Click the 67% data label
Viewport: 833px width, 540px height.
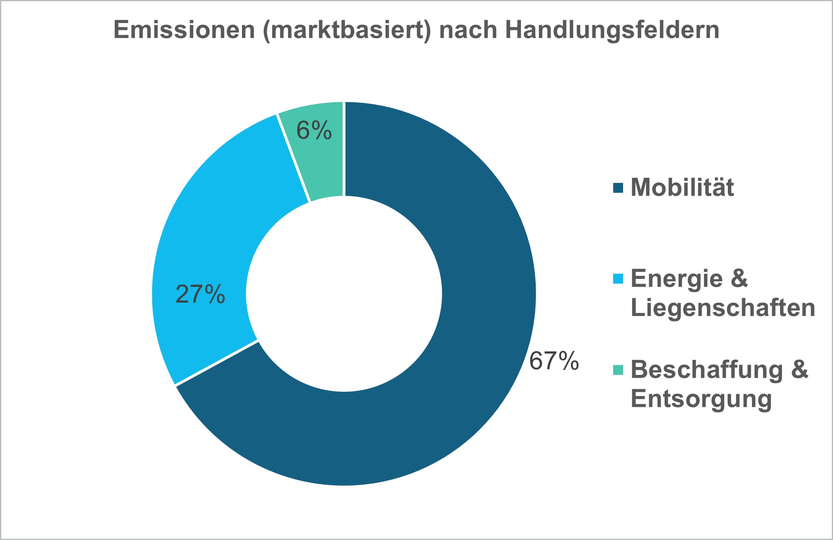[x=554, y=361]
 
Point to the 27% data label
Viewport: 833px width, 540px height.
[x=200, y=295]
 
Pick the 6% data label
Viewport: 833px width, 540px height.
[x=314, y=131]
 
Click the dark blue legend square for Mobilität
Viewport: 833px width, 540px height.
[x=618, y=188]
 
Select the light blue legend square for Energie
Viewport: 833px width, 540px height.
[x=618, y=279]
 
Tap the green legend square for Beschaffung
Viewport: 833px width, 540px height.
[x=618, y=370]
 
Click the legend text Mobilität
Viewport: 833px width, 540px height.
[x=682, y=187]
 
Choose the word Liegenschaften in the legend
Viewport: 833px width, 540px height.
[x=723, y=308]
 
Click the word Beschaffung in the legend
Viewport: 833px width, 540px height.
[x=706, y=370]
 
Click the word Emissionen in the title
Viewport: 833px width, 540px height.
[x=184, y=30]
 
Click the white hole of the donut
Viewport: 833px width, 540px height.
[x=344, y=294]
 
